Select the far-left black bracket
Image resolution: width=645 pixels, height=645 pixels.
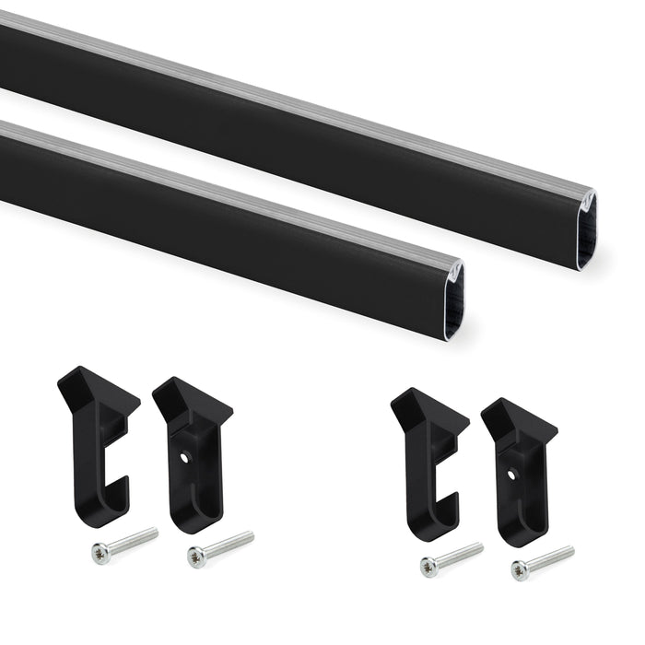tap(97, 442)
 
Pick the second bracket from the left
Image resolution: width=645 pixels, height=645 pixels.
tap(193, 451)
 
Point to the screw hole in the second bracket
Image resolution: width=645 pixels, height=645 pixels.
tap(185, 455)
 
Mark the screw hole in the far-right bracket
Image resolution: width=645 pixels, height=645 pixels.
tap(511, 475)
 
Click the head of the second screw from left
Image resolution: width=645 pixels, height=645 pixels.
tap(195, 556)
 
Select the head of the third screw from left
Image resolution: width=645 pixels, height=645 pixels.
tap(428, 567)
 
